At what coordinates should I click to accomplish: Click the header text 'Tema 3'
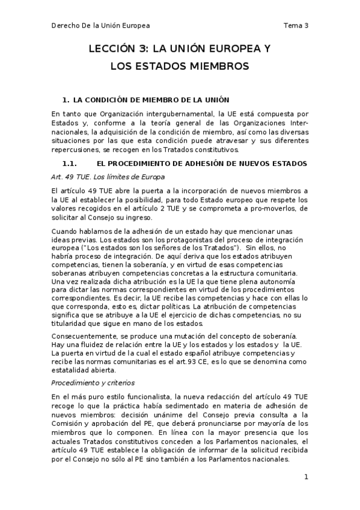coord(295,25)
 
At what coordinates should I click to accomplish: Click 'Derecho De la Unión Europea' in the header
coord(100,25)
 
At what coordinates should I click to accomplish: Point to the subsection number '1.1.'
coord(70,164)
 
